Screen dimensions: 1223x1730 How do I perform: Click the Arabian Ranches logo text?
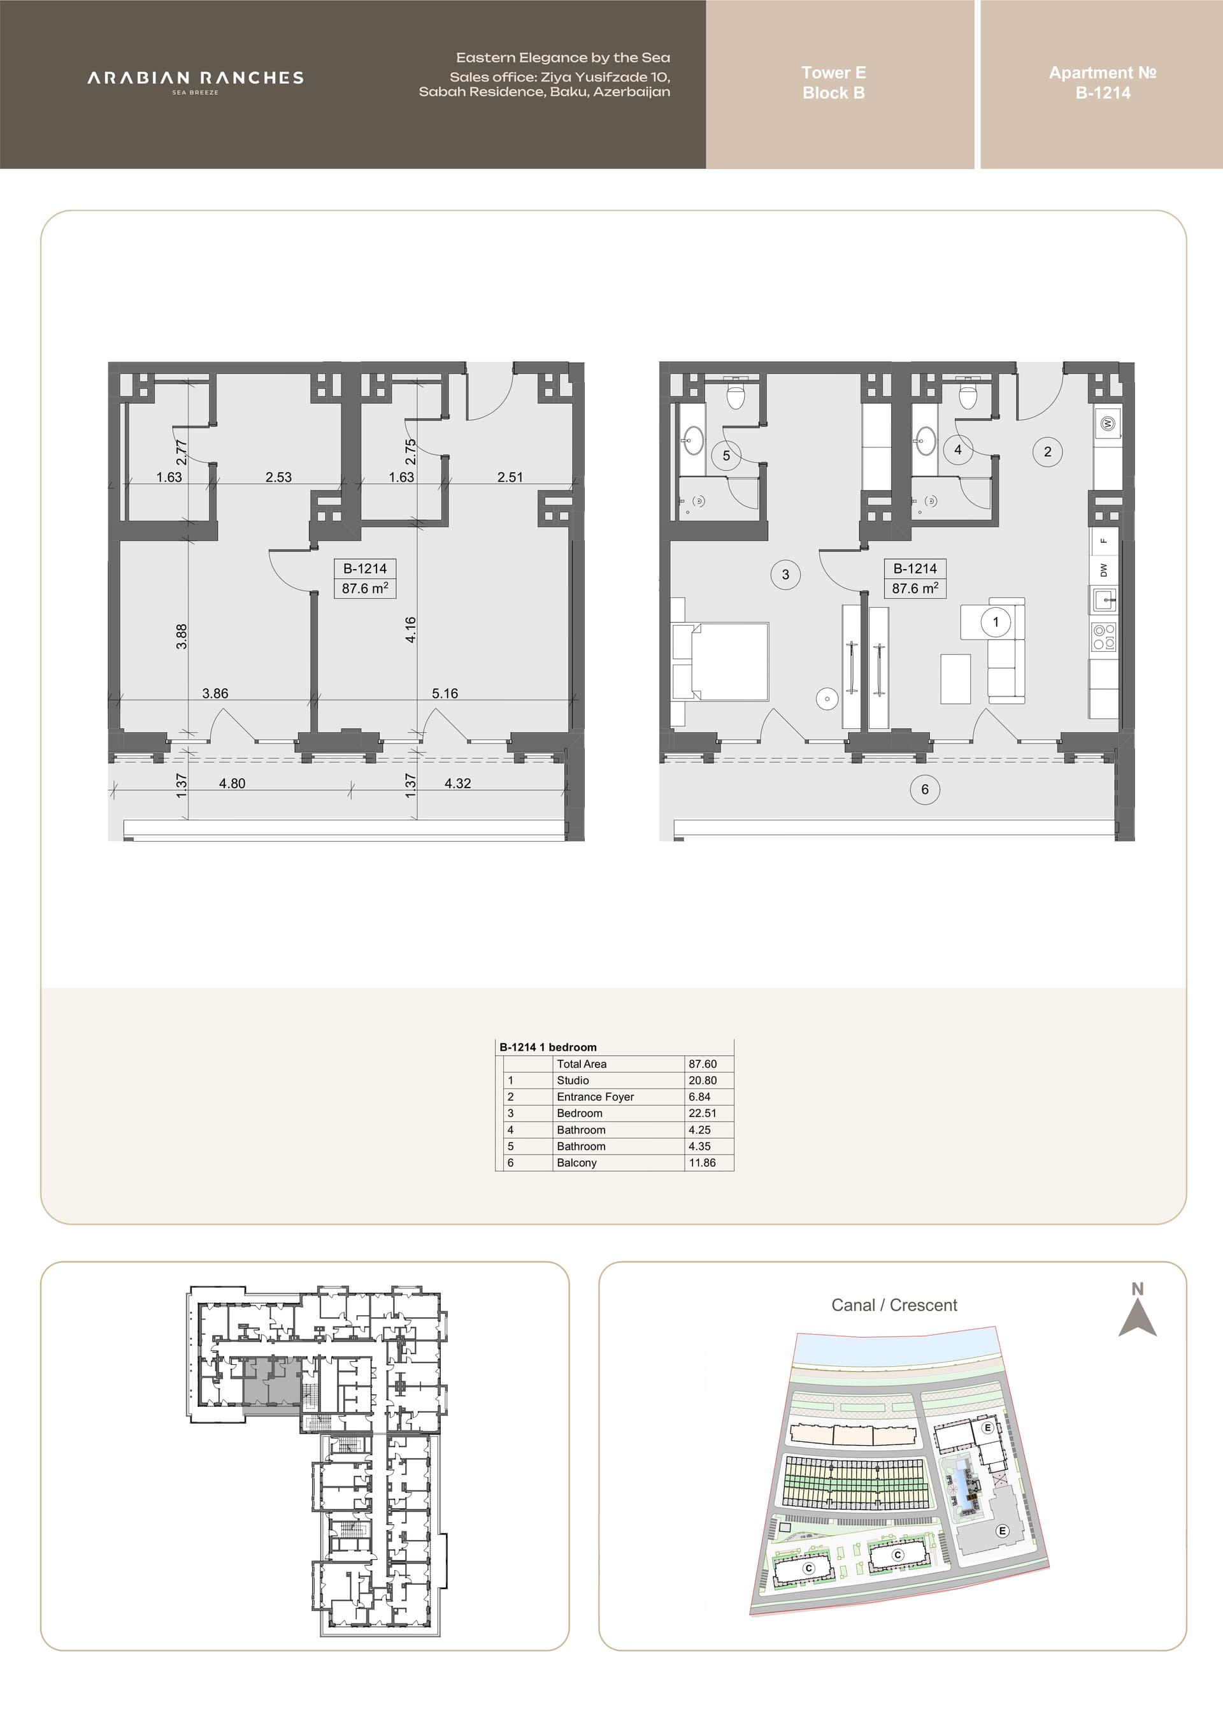[195, 78]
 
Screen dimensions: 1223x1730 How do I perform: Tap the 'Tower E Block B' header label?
[834, 83]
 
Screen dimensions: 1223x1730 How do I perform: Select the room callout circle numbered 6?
[925, 789]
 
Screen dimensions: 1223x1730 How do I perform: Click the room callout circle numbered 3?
[785, 574]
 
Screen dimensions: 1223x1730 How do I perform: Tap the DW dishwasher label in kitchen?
[1104, 570]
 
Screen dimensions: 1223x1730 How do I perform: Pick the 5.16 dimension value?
[445, 693]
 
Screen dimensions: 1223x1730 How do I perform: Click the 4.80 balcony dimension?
[232, 784]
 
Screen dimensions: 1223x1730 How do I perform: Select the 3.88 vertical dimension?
[182, 637]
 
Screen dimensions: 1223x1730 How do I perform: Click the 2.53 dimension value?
[278, 477]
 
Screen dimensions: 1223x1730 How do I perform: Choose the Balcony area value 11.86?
[702, 1163]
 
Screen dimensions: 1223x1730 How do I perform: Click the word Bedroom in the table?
[579, 1113]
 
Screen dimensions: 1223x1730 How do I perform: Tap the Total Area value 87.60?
[703, 1064]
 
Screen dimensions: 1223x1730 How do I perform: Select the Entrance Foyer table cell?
[595, 1097]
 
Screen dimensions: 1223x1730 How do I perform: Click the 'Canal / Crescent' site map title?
[894, 1305]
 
